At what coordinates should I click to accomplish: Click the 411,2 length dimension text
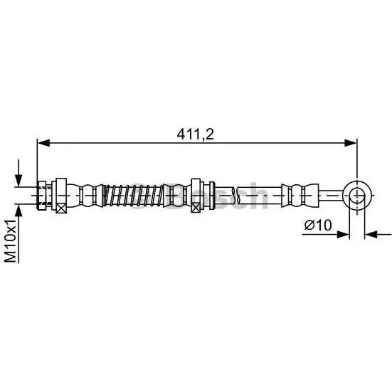click(x=195, y=135)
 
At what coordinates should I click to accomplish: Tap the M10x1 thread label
click(x=11, y=240)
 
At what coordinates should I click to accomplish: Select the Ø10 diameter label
click(x=318, y=225)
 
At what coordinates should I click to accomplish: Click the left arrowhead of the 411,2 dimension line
click(x=43, y=143)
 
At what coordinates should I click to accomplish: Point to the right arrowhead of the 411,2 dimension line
click(x=350, y=143)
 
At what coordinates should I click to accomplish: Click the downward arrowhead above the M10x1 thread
click(x=18, y=180)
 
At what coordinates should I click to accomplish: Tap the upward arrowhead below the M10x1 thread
click(x=18, y=211)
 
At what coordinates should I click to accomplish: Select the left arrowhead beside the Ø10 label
click(x=343, y=235)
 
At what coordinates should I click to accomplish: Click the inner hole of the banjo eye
click(x=357, y=195)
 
